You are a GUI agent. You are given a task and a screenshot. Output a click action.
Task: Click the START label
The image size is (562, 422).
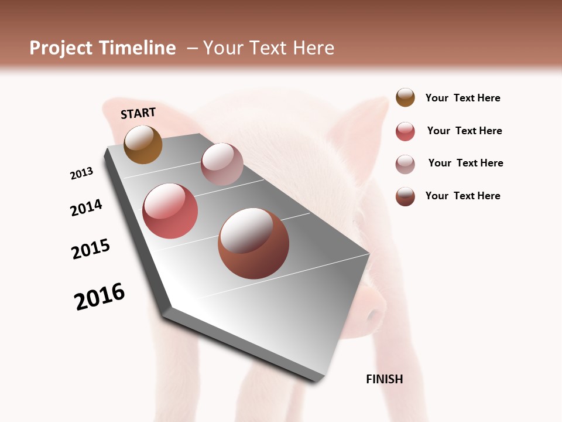coord(138,113)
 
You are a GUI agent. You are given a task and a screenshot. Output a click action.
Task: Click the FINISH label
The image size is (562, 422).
coord(384,379)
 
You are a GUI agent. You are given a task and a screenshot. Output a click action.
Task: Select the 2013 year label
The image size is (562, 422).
coord(81,173)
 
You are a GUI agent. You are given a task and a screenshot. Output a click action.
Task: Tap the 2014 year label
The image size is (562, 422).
coord(86,207)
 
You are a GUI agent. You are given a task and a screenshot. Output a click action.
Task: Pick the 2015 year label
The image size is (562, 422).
coord(91,249)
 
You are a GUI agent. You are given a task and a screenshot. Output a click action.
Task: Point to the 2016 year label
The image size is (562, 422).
coord(100,297)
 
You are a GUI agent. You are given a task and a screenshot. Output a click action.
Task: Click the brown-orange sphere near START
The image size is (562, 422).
coord(143,144)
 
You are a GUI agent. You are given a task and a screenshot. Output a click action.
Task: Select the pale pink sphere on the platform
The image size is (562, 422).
coord(222,164)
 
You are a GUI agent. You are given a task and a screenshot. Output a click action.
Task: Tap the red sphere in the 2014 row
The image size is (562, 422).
coord(170,211)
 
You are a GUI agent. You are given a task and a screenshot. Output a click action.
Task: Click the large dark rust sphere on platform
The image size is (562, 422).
coord(253,243)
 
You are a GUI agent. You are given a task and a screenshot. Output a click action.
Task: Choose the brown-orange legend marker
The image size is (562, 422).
coord(405,97)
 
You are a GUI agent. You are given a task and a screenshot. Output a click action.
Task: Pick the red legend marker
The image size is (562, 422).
coord(405,131)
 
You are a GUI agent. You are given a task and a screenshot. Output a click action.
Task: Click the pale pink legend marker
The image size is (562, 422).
coord(405,164)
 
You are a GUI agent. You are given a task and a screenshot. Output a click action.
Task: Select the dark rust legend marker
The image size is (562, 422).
coord(405,196)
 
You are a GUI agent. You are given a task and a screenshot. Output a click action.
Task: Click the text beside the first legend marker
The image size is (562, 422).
coord(462,98)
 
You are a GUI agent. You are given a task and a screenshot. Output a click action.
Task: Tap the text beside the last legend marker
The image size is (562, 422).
coord(462,196)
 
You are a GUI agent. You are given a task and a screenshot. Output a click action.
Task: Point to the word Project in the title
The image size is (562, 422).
coord(61,48)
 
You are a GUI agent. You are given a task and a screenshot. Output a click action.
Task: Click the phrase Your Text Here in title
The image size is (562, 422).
coord(269,48)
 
